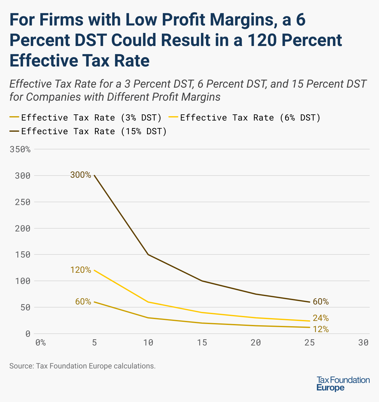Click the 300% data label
[x=81, y=175]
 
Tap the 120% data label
[x=81, y=270]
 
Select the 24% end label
[x=321, y=318]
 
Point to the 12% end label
[x=321, y=329]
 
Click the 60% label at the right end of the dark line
[x=321, y=302]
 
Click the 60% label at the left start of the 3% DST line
[x=83, y=302]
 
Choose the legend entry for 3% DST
[x=85, y=118]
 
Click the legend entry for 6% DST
[x=244, y=118]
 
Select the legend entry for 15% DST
[x=88, y=131]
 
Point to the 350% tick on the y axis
[x=20, y=149]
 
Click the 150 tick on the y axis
[x=23, y=255]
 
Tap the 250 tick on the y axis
[x=23, y=202]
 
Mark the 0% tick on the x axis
[x=40, y=343]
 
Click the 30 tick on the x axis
[x=363, y=343]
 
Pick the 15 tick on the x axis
[x=202, y=343]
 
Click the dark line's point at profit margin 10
[x=148, y=254]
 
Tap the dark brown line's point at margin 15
[x=202, y=281]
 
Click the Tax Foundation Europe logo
[x=343, y=384]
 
